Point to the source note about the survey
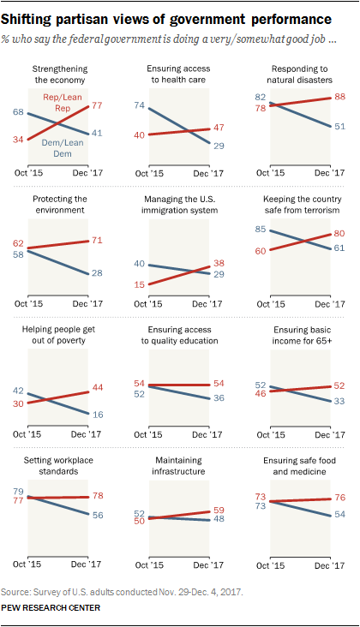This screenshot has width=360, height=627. pos(123,591)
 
